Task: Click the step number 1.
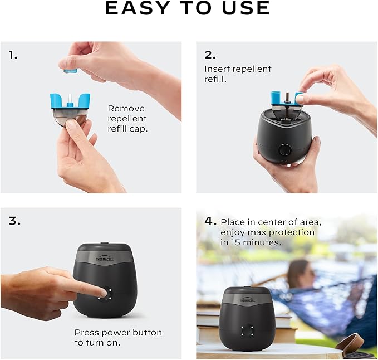pos(13,55)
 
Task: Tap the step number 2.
pos(209,55)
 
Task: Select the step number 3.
pos(14,221)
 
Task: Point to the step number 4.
pos(210,221)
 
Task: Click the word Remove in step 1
pos(126,109)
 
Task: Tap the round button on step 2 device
pos(285,150)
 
